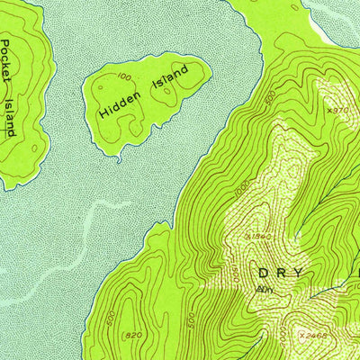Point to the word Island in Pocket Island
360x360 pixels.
[x=10, y=116]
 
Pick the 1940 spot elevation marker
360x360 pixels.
[x=259, y=236]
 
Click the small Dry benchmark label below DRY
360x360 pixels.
[x=264, y=290]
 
